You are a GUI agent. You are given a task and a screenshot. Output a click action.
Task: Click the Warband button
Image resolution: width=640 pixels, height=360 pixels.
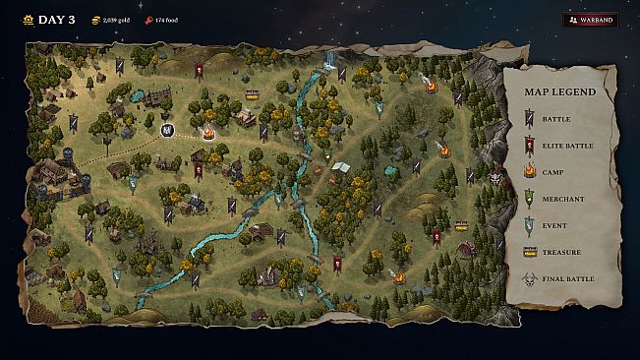591,19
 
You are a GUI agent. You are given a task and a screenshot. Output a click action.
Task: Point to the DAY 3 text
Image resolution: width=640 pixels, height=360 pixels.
56,19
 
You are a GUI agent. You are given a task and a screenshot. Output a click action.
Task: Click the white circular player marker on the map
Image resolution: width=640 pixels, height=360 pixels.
166,129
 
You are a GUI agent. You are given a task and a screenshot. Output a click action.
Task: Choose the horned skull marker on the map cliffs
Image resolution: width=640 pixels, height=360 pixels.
496,178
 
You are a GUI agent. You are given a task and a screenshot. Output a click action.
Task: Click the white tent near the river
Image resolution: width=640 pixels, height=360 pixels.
341,168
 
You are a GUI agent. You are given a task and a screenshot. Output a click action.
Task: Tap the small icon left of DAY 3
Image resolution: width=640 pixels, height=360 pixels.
27,19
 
